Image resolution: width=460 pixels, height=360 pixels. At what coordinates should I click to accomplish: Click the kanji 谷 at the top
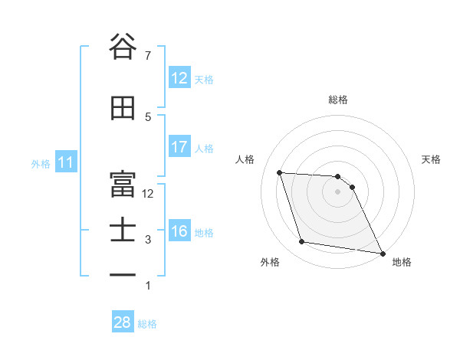pos(123,47)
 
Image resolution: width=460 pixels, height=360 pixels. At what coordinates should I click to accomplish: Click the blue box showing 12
pos(179,78)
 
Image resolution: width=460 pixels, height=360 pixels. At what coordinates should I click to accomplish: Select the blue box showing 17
pos(179,147)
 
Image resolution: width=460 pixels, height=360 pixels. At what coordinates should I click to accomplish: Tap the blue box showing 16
pos(179,231)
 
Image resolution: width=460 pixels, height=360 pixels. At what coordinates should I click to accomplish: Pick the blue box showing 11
pos(66,162)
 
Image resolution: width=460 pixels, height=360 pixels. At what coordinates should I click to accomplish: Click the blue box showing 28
pos(123,322)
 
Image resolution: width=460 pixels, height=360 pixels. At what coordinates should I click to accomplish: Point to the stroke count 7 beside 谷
pos(149,55)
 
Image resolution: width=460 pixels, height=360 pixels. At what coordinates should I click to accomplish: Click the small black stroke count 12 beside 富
pos(148,193)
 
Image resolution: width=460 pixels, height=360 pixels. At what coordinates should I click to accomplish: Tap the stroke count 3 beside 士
pos(149,240)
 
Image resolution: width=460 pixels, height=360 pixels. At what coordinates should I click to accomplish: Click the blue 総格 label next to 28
pos(147,324)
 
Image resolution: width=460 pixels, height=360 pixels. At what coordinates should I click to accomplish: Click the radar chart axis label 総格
pos(337,100)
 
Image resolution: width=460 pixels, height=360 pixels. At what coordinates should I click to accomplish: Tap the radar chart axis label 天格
pos(431,159)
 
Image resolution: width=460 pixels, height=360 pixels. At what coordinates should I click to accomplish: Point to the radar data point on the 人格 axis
pos(280,172)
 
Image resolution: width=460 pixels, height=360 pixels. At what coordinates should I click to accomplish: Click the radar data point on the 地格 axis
pos(383,253)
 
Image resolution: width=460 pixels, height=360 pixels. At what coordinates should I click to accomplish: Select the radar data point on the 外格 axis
pos(302,242)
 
